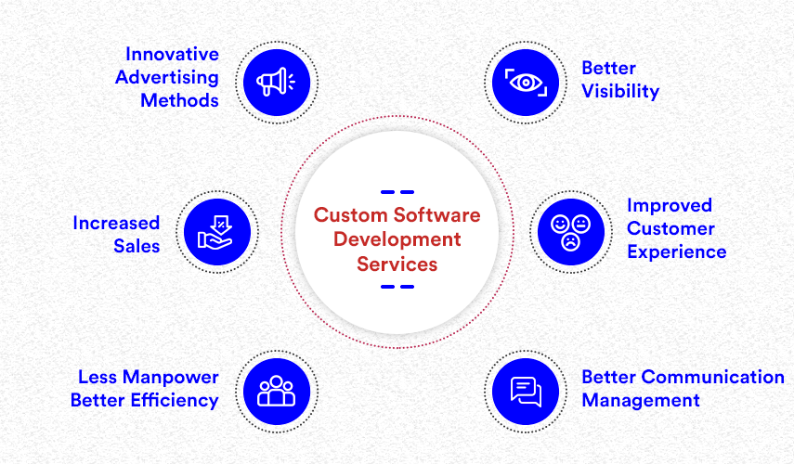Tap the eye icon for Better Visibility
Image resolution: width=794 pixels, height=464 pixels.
point(526,82)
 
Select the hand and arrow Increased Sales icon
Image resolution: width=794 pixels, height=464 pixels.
point(217,232)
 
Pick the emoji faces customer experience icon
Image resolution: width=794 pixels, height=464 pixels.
point(570,232)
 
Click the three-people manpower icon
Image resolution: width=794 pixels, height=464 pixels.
point(276,389)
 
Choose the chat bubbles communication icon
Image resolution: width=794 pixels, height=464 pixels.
point(526,389)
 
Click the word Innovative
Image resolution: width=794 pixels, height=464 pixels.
point(172,53)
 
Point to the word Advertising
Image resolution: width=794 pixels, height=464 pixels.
point(167,76)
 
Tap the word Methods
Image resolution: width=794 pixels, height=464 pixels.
point(179,99)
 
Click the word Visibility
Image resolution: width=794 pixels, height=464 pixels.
point(620,91)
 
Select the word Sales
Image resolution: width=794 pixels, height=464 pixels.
point(138,246)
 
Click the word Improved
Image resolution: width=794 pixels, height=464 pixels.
point(669,205)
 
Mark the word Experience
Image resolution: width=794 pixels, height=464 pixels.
point(676,251)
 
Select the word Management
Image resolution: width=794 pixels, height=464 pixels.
point(640,401)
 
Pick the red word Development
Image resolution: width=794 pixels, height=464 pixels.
point(397,239)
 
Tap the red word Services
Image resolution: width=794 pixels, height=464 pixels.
point(397,264)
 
